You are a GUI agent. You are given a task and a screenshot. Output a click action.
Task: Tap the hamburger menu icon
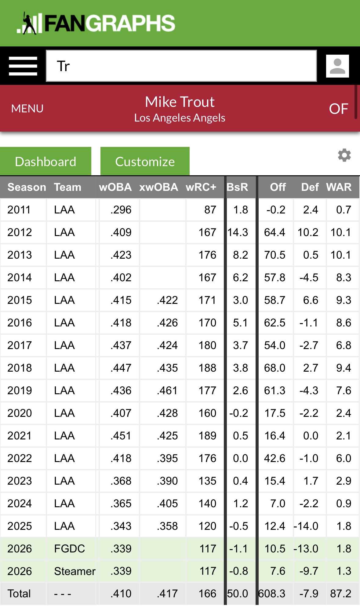pyautogui.click(x=23, y=66)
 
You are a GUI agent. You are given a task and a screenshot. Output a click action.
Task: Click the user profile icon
pyautogui.click(x=337, y=66)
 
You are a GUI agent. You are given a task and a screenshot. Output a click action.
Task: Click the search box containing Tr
pyautogui.click(x=181, y=66)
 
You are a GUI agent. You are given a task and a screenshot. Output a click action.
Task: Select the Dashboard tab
pyautogui.click(x=45, y=162)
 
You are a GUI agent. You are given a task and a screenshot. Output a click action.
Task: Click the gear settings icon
pyautogui.click(x=344, y=155)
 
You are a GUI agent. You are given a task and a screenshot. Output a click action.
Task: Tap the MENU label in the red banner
pyautogui.click(x=27, y=109)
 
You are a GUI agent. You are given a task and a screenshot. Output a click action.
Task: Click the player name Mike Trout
pyautogui.click(x=180, y=102)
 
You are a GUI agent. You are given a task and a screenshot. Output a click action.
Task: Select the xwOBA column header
pyautogui.click(x=158, y=187)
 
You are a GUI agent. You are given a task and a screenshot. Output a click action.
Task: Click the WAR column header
pyautogui.click(x=339, y=187)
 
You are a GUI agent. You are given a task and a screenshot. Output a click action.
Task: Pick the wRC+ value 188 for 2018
pyautogui.click(x=207, y=368)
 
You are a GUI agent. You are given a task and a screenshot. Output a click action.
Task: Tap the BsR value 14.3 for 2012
pyautogui.click(x=238, y=232)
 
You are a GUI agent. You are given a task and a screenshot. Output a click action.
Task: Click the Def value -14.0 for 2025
pyautogui.click(x=306, y=526)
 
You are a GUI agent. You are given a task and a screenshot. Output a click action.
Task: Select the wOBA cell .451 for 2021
pyautogui.click(x=121, y=436)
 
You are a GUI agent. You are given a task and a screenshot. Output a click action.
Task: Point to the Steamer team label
pyautogui.click(x=75, y=571)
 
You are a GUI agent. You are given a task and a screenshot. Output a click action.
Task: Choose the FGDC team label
pyautogui.click(x=69, y=549)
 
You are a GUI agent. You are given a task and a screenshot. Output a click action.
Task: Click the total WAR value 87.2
pyautogui.click(x=340, y=594)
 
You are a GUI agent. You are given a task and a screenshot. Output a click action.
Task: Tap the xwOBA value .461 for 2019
pyautogui.click(x=167, y=391)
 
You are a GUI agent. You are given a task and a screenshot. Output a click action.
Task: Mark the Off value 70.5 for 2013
pyautogui.click(x=275, y=255)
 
